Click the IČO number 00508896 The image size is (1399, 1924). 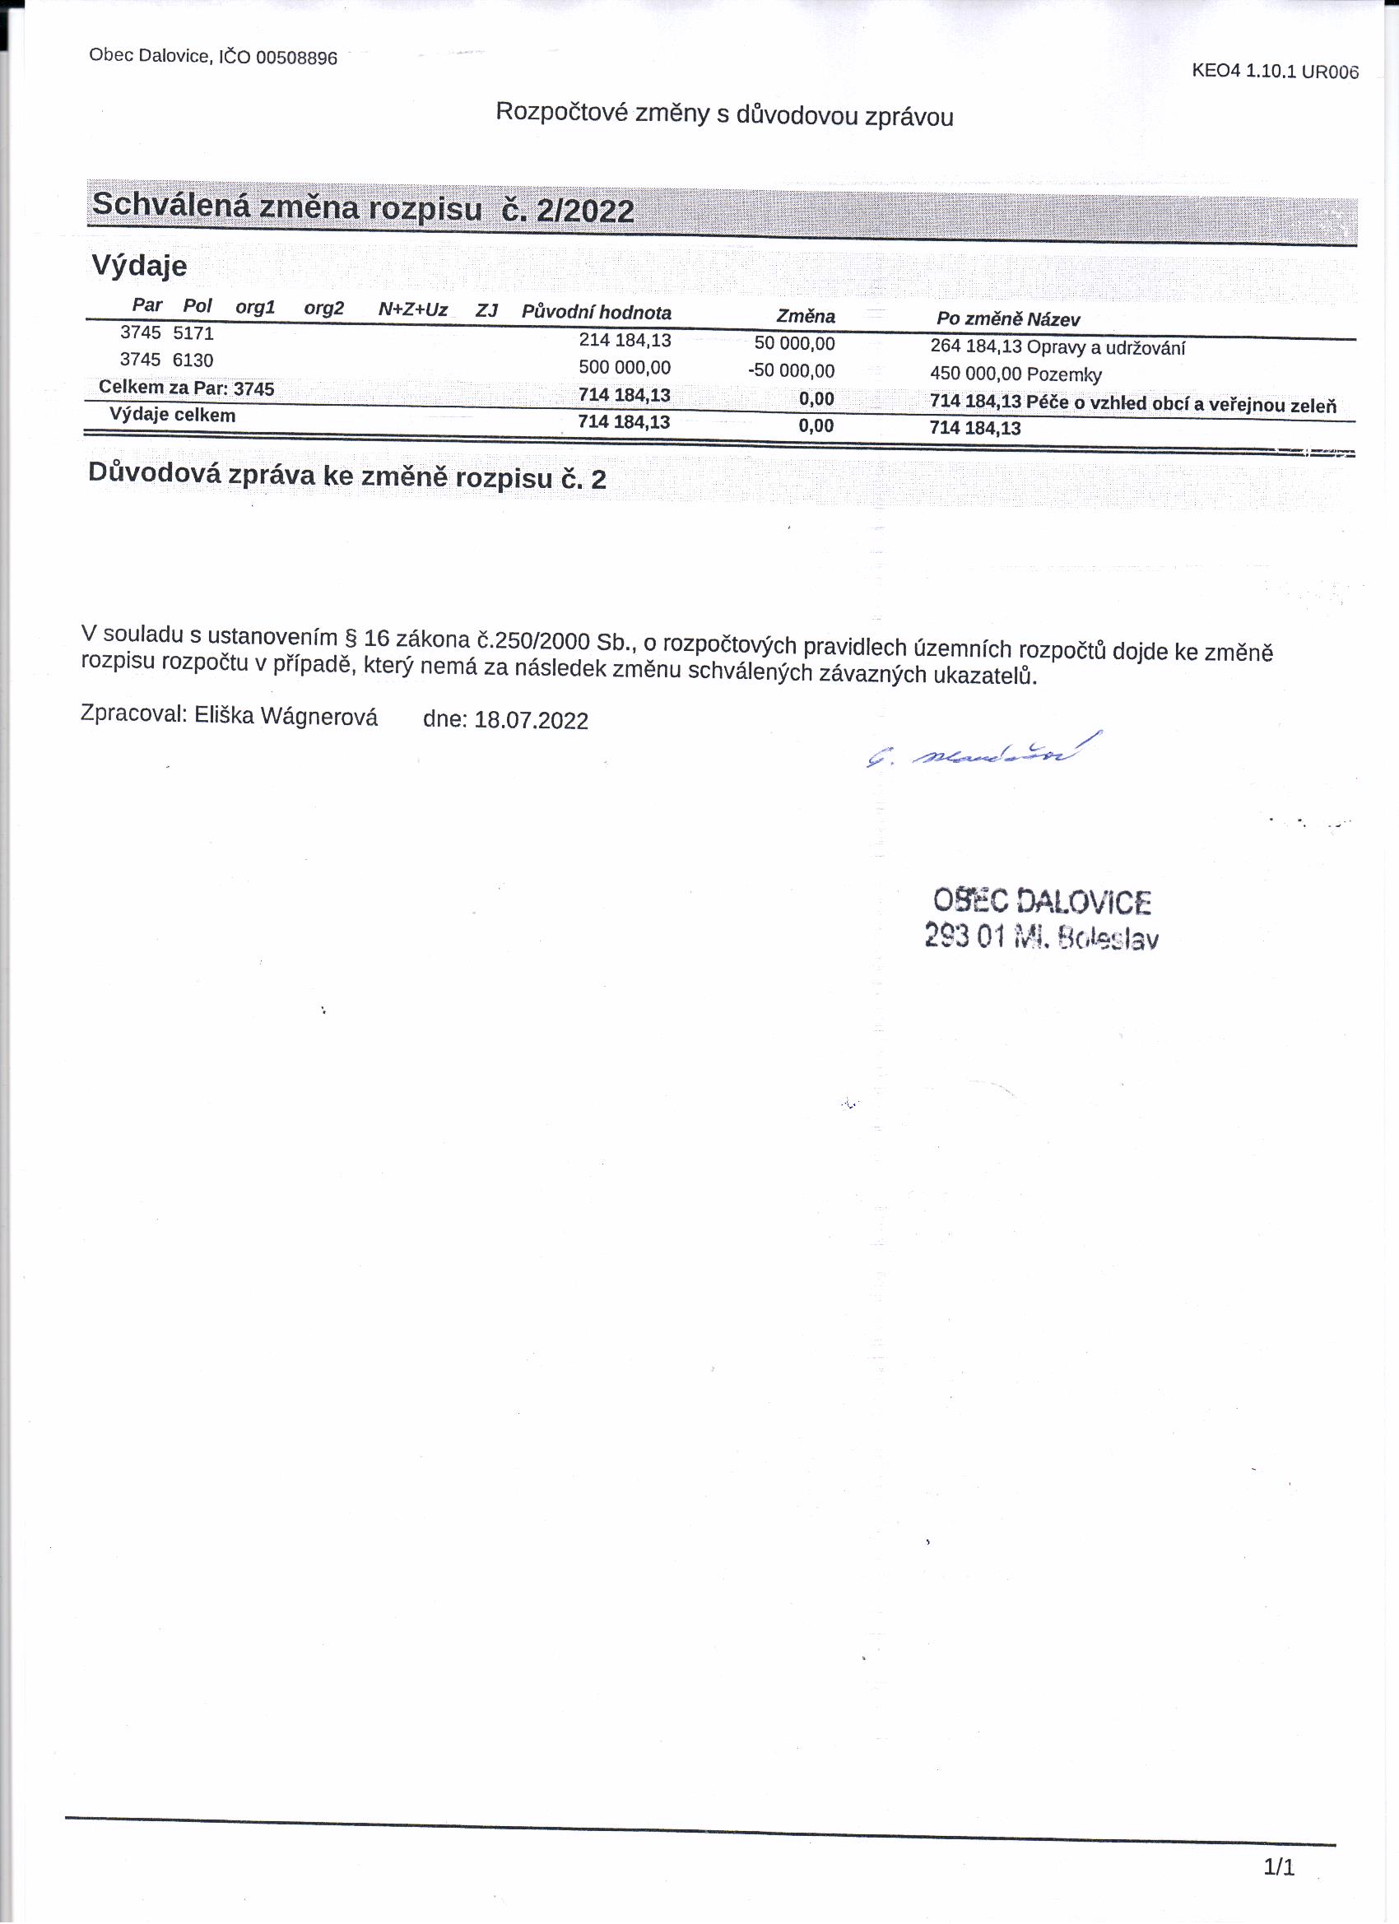[x=296, y=58]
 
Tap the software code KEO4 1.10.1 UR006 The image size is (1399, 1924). [x=1274, y=72]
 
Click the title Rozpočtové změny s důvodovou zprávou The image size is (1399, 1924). [x=723, y=114]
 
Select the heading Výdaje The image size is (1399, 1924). [x=139, y=266]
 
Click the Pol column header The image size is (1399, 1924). [x=197, y=305]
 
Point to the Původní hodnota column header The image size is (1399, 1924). [x=596, y=312]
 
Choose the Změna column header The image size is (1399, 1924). [x=805, y=317]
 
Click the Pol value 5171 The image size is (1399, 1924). [x=193, y=333]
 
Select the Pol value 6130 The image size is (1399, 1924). [x=193, y=360]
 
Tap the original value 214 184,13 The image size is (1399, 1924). [x=625, y=340]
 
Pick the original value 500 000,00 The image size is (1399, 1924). [x=625, y=367]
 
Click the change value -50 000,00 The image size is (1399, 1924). [x=791, y=370]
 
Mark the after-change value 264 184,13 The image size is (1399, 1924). [x=976, y=346]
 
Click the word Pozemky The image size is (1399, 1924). [x=1064, y=375]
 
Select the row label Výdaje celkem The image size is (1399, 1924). [x=172, y=416]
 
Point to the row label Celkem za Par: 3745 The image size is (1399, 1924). [x=187, y=388]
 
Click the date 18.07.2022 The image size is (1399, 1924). [x=531, y=720]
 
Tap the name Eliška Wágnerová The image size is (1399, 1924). [x=286, y=716]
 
